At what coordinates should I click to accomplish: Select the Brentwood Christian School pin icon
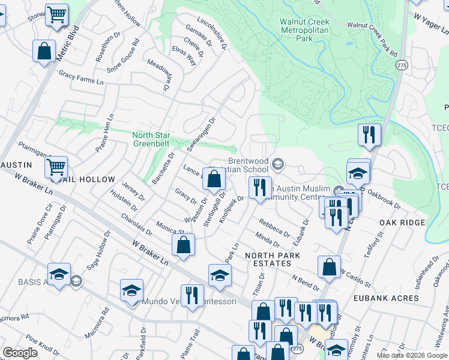278,163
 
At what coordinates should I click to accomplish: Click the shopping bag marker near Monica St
184,245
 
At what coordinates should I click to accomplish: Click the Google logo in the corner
20,353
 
